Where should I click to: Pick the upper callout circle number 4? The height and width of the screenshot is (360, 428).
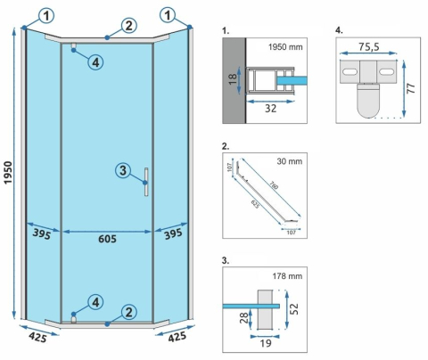(95, 61)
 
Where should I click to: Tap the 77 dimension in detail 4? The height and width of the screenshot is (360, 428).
(412, 90)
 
